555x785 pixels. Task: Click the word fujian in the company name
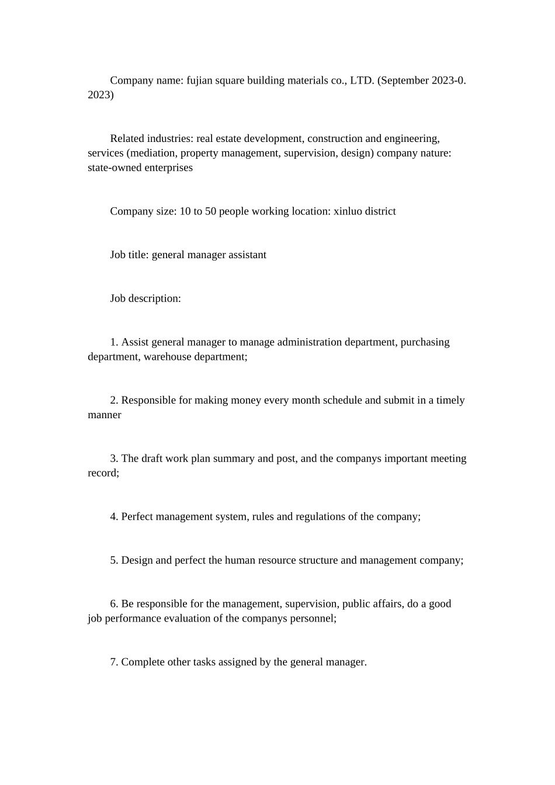tap(200, 81)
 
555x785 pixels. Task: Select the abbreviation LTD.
tap(362, 81)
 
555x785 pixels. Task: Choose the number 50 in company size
tap(210, 211)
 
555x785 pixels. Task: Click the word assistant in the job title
tap(247, 255)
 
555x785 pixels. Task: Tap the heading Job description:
tap(145, 298)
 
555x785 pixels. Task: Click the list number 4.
tap(114, 517)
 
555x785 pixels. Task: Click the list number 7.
tap(114, 662)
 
